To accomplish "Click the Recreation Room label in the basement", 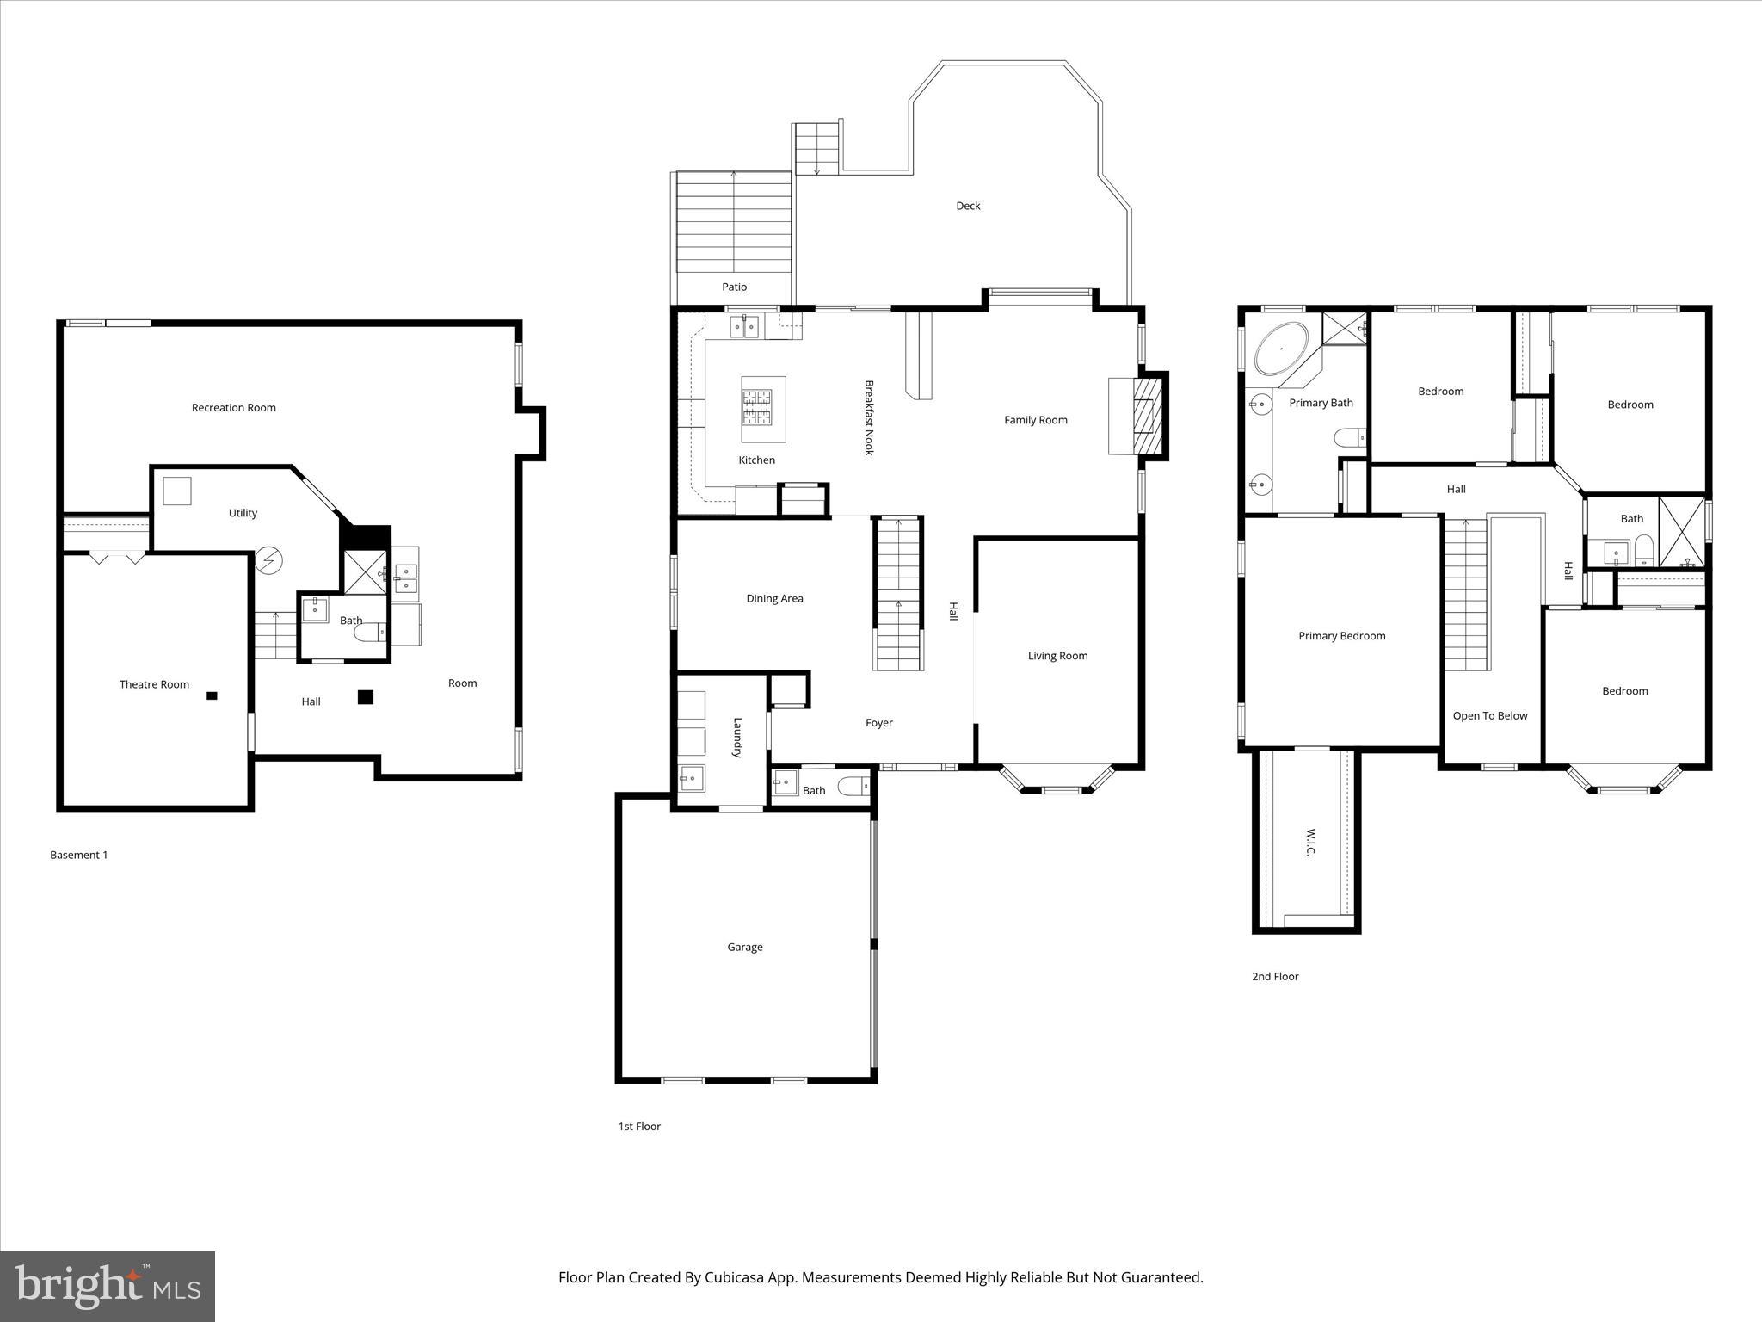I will pos(233,408).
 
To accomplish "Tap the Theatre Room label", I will pos(154,684).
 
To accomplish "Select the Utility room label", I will pos(243,513).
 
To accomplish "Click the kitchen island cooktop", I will pos(757,407).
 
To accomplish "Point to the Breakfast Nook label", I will pos(869,417).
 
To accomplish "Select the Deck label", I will pos(968,206).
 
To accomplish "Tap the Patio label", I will pos(734,287).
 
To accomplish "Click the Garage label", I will pos(744,947).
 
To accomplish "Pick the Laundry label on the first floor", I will pos(737,738).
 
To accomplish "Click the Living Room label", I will pos(1057,656).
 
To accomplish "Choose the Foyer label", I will pos(878,723).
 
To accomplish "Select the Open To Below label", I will pos(1489,716).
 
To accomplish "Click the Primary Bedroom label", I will pos(1341,636).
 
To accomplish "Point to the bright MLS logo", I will pos(108,1287).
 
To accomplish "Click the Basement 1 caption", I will pos(79,855).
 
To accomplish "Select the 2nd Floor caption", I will pos(1274,976).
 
